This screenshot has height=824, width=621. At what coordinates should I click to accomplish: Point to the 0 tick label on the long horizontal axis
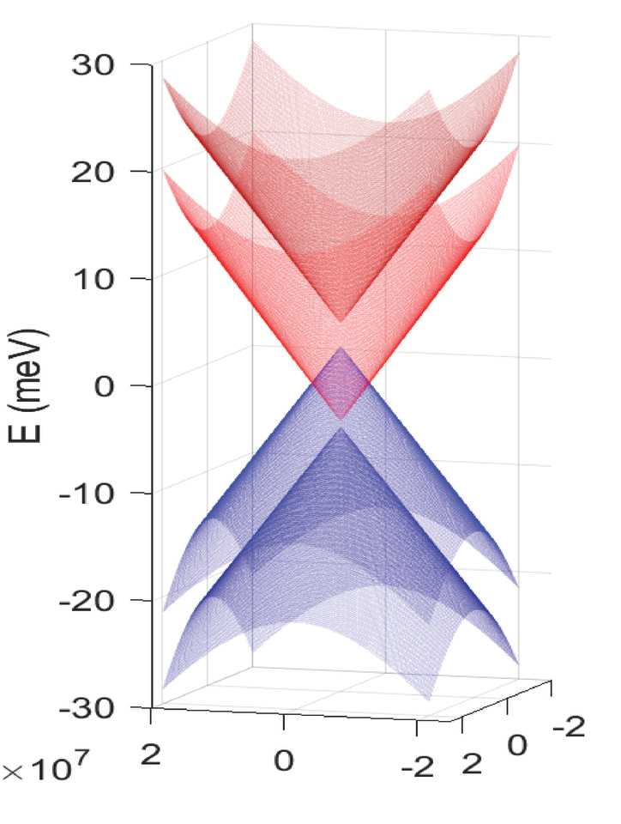pyautogui.click(x=284, y=760)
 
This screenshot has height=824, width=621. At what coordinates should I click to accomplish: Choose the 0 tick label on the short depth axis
pyautogui.click(x=516, y=745)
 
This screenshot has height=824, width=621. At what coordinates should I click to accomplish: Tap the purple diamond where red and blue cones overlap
pyautogui.click(x=341, y=384)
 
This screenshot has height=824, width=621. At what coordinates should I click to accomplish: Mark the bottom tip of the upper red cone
pyautogui.click(x=341, y=321)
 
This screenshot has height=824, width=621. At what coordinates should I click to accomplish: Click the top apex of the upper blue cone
pyautogui.click(x=341, y=348)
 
